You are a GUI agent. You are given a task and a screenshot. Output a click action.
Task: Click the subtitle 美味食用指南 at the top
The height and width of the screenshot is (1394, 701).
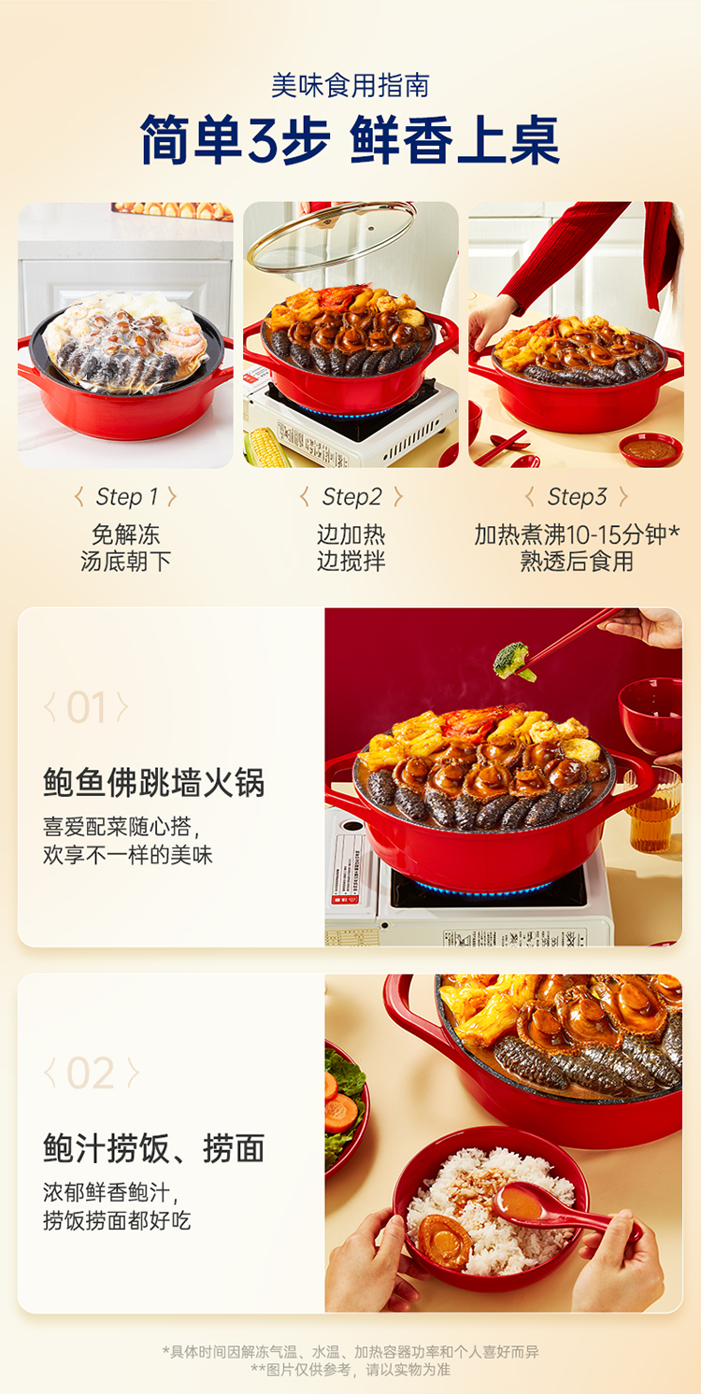tap(350, 86)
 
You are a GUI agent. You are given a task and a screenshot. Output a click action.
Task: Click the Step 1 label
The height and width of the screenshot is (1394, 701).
tap(126, 497)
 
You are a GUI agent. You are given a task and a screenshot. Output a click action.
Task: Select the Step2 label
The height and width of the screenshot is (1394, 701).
tap(351, 497)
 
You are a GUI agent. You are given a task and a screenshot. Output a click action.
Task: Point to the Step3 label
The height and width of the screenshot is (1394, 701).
tap(577, 497)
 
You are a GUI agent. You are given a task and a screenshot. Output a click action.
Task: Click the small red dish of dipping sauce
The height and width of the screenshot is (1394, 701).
tap(651, 449)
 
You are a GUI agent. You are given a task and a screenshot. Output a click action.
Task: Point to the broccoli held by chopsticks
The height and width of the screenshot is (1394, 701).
tap(512, 661)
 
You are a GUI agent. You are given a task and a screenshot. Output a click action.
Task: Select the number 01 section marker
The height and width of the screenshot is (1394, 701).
tap(86, 707)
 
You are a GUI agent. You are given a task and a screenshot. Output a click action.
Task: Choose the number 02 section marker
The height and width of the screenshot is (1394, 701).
tap(91, 1074)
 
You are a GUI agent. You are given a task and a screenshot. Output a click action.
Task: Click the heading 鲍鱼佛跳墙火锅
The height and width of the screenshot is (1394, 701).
tap(154, 782)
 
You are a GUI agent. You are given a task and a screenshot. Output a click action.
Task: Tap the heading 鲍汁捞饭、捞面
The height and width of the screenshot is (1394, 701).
tap(154, 1148)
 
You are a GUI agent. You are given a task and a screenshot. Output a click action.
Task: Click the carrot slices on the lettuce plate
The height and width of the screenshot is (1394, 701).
tap(340, 1102)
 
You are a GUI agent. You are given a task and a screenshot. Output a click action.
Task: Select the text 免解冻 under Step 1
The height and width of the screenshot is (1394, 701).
tap(126, 534)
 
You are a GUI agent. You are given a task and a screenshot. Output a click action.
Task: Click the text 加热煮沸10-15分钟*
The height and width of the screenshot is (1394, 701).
tap(577, 534)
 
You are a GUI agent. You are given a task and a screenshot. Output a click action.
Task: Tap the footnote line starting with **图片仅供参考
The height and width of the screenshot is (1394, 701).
tap(350, 1370)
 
